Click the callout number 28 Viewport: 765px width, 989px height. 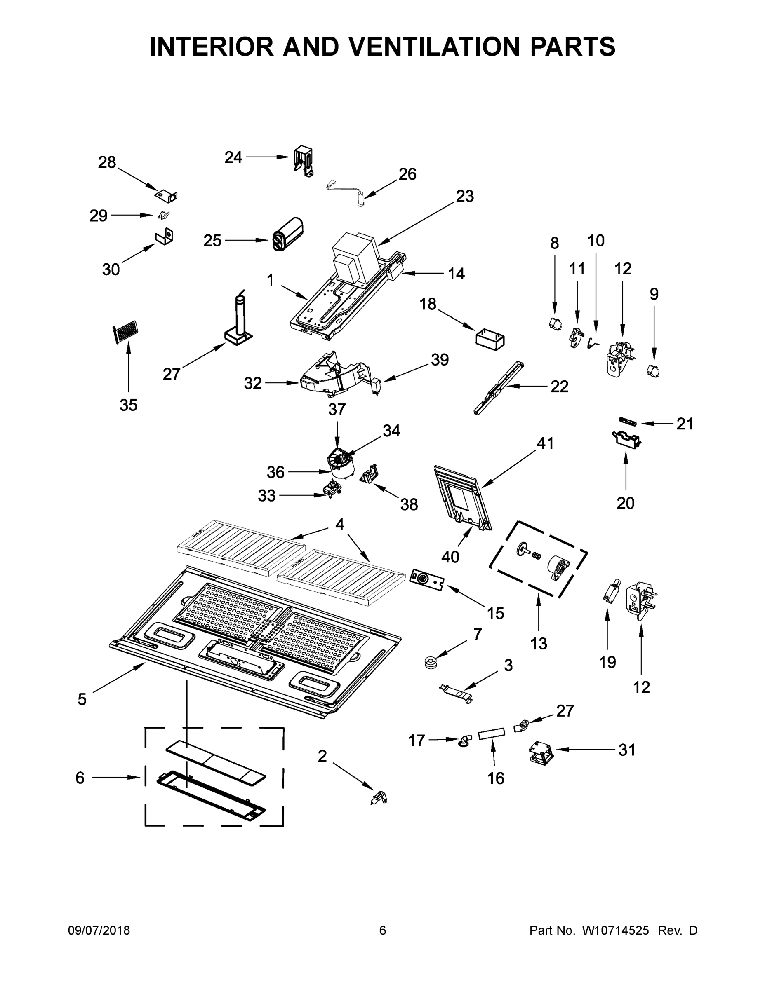click(107, 162)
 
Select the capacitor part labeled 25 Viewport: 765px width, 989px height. click(287, 233)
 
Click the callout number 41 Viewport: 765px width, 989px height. click(545, 443)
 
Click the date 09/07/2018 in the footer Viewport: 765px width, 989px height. click(99, 930)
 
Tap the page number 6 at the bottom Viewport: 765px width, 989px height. click(383, 930)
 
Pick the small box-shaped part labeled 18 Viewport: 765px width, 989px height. click(490, 340)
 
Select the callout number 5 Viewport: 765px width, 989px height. click(82, 699)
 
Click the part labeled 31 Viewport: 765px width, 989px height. click(541, 754)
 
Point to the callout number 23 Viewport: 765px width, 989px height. click(464, 196)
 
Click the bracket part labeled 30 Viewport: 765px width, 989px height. click(165, 237)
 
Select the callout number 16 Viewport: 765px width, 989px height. click(496, 778)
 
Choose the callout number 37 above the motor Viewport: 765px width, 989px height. click(337, 409)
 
